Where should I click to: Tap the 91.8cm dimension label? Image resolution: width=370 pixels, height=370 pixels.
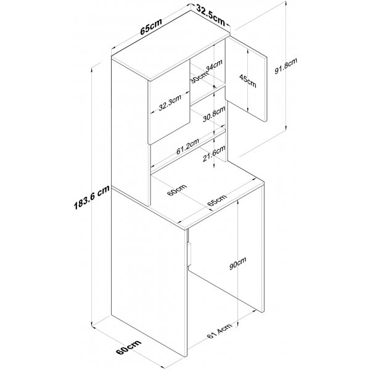point(286,65)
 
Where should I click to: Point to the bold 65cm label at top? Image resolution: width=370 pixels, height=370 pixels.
point(151,26)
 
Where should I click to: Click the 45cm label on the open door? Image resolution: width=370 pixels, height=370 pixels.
point(247,81)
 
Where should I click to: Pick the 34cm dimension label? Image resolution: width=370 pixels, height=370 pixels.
point(214,65)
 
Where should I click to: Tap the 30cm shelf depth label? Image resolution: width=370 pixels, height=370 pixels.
point(199,78)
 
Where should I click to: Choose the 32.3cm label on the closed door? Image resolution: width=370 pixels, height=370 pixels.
point(170,102)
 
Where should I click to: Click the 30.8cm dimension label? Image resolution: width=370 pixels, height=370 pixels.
point(214,114)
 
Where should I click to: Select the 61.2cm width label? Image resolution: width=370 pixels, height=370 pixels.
point(187,146)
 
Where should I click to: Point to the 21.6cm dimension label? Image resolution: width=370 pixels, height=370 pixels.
point(214,154)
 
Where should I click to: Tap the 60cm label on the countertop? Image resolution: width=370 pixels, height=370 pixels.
point(177,190)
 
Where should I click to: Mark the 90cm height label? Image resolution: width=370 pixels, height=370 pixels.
point(238,263)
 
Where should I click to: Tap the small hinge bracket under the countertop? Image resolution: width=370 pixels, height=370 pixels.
point(189,254)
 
